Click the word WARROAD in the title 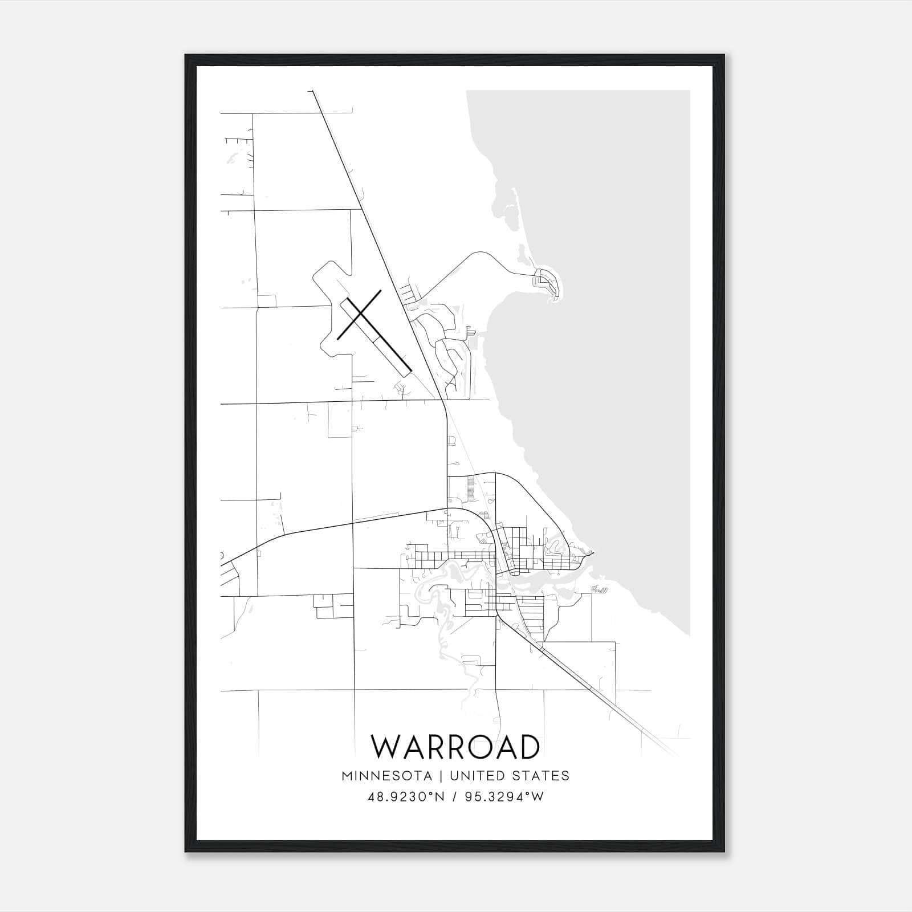pos(455,747)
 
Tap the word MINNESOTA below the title pos(387,776)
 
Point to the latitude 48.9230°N pos(406,797)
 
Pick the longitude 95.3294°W pos(504,797)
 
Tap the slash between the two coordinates pos(454,797)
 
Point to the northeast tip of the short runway pos(380,291)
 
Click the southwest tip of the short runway pos(338,339)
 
